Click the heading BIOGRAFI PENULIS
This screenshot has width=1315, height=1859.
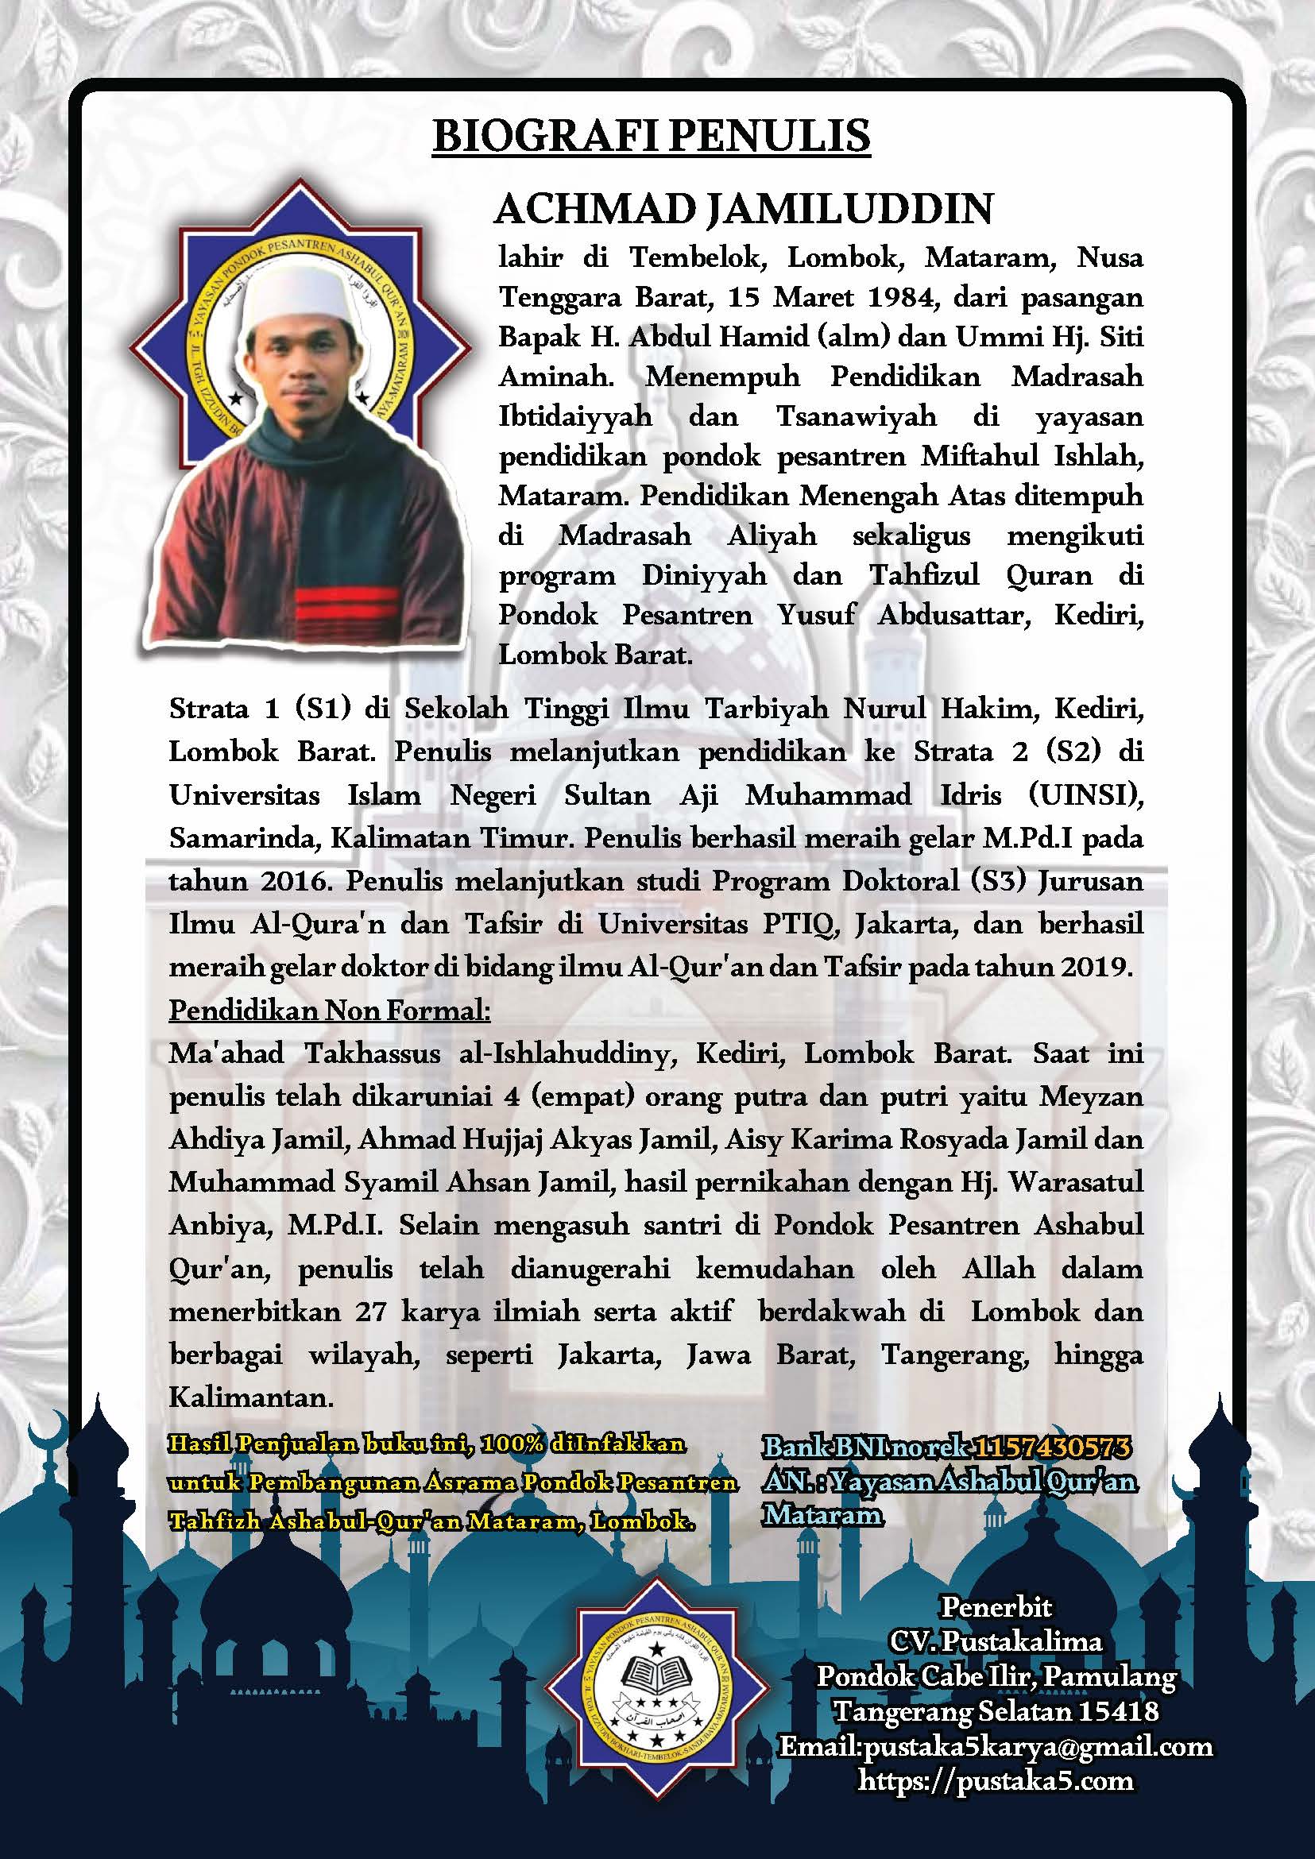(652, 136)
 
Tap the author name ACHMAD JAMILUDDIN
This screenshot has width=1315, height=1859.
(744, 210)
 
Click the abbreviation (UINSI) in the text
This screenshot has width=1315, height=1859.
(1085, 795)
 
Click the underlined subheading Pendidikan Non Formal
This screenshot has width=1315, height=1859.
(330, 1011)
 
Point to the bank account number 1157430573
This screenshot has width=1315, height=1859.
(1052, 1447)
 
